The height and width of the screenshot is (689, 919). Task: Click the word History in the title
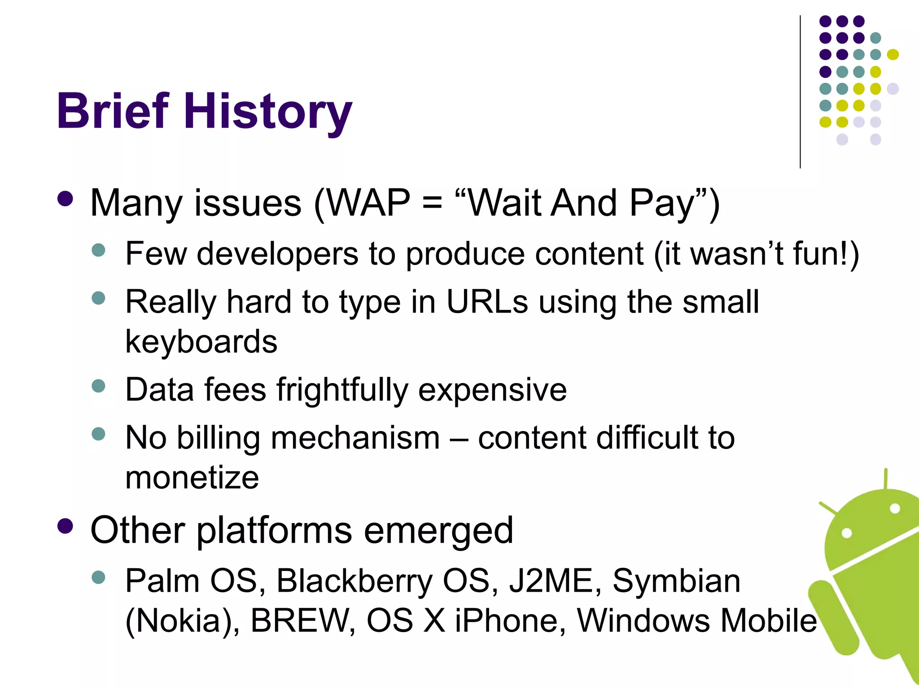(268, 111)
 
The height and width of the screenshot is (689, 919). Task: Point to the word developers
(277, 254)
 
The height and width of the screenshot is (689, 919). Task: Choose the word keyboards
(201, 342)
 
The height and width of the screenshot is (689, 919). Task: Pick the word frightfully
(342, 390)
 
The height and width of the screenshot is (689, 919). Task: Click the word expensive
(492, 390)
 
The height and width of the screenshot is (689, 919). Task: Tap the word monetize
(192, 477)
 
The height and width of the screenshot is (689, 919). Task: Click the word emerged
(438, 530)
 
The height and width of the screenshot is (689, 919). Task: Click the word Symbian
(676, 581)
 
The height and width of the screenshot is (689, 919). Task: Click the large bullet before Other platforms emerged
(66, 526)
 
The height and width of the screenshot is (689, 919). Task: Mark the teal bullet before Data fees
(98, 386)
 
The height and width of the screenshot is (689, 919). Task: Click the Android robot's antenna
(885, 479)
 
